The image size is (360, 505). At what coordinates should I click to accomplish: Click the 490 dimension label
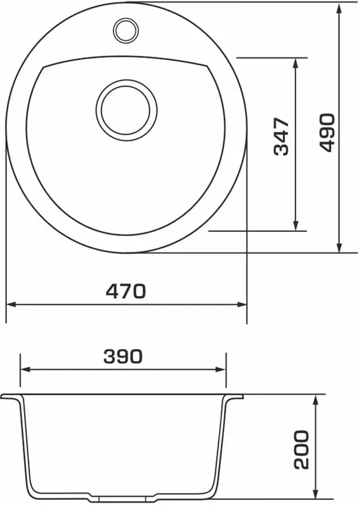pos(327,132)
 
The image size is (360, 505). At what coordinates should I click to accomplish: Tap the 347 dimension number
pos(281,137)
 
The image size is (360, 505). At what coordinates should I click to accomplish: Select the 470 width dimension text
pos(126,291)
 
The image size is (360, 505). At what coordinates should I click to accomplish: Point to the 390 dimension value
pos(123,356)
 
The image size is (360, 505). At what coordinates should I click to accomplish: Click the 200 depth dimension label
pos(301,449)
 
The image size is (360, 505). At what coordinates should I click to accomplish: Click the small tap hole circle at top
pos(126,30)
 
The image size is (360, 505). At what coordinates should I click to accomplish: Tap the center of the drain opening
pos(126,110)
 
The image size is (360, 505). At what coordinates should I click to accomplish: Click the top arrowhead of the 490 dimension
pos(339,9)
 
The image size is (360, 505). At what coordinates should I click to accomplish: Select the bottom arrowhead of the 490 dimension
pos(339,246)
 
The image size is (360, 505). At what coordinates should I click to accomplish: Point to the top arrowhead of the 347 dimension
pos(295,64)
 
